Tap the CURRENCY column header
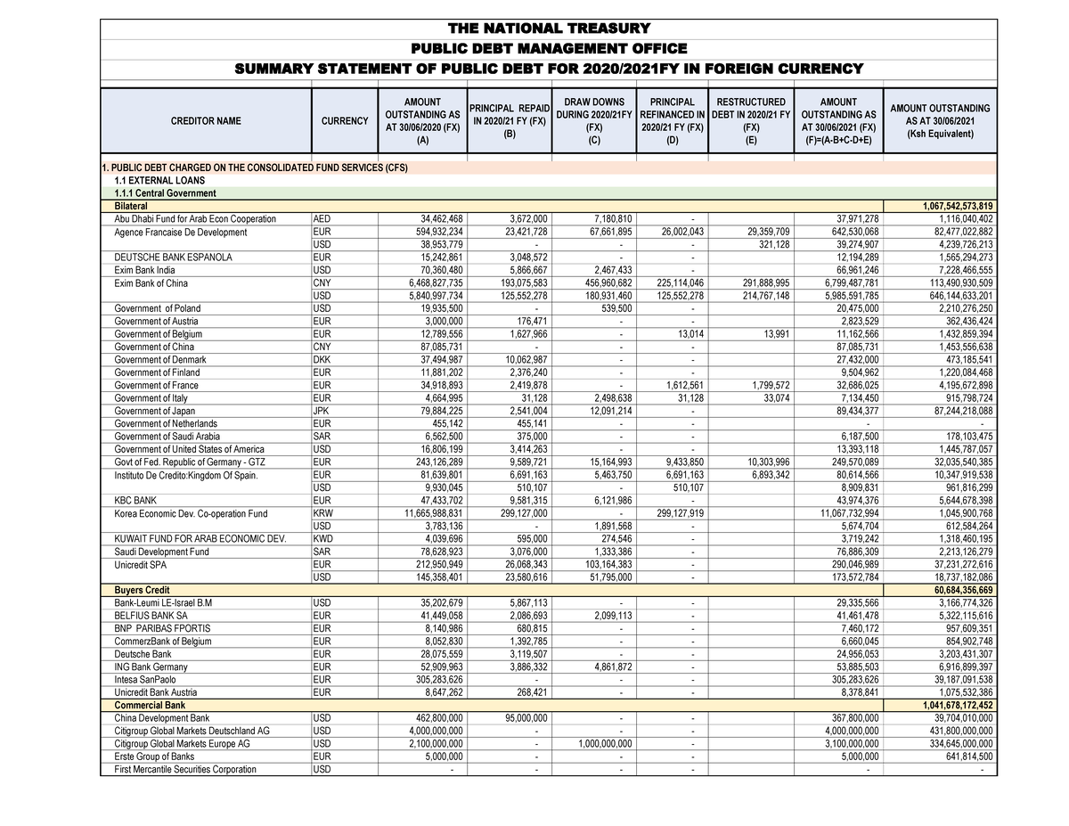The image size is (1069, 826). (x=343, y=121)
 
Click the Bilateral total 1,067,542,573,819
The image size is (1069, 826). (x=948, y=206)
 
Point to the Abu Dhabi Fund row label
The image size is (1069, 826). (x=195, y=219)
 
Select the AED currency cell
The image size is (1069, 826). (x=322, y=219)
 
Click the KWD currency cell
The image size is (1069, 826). (x=323, y=539)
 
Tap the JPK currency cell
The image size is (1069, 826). (x=322, y=411)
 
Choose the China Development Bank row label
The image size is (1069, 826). (x=162, y=718)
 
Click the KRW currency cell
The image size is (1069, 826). (x=323, y=513)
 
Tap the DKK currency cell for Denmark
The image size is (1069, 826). (x=322, y=360)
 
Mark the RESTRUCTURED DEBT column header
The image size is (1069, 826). (x=751, y=120)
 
